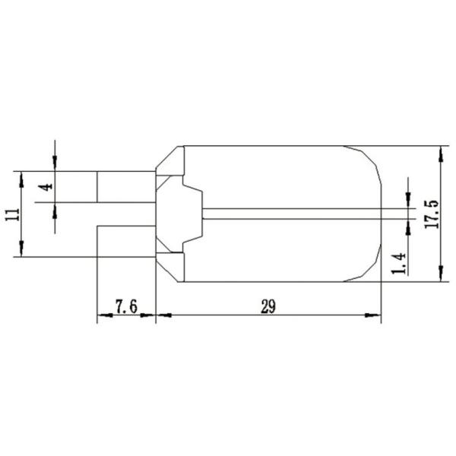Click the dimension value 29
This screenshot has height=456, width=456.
268,306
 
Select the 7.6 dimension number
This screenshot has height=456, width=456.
125,306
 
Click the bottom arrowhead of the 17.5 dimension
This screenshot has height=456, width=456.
440,276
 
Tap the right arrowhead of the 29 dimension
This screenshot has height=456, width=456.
375,315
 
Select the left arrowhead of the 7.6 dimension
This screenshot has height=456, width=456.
103,315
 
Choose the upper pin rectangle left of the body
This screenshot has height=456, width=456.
125,187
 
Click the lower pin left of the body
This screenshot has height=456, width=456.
125,241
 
